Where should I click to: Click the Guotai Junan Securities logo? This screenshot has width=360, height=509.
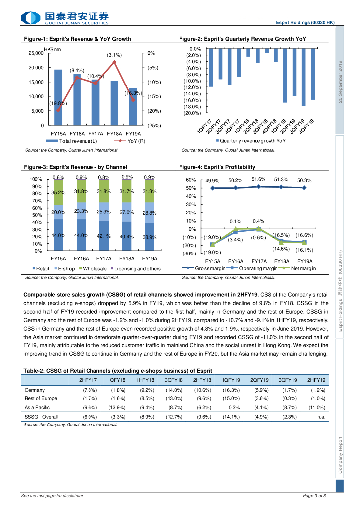[65, 18]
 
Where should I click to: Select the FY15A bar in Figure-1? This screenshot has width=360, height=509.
[58, 97]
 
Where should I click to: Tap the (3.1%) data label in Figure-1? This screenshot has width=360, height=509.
[114, 55]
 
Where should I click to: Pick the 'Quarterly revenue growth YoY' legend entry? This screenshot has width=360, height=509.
[253, 141]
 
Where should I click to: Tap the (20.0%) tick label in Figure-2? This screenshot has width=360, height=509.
[192, 113]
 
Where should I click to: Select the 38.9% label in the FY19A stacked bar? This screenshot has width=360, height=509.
[150, 237]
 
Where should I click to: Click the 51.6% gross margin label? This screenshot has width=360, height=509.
[258, 179]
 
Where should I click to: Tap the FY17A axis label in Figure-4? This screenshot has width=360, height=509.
[258, 261]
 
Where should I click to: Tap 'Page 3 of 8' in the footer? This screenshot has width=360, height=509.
[314, 496]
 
